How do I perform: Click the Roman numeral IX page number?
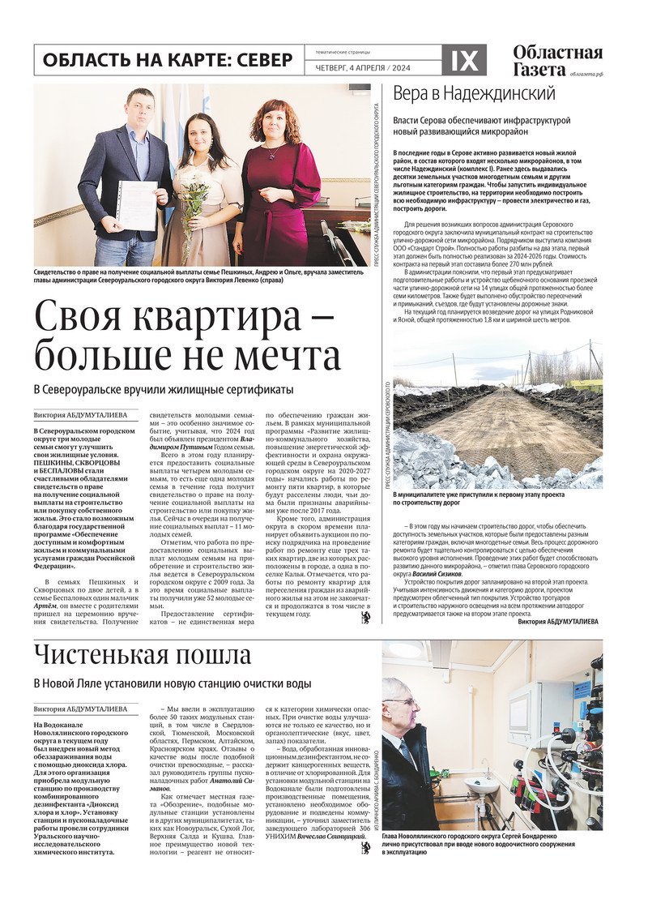tap(464, 60)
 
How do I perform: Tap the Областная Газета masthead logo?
tap(557, 60)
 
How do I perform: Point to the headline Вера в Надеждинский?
tap(474, 93)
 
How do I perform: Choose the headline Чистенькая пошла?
tap(143, 655)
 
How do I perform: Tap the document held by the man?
tap(136, 205)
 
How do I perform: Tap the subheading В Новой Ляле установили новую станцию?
tap(173, 684)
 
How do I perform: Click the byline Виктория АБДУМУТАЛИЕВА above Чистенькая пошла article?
tap(80, 709)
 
